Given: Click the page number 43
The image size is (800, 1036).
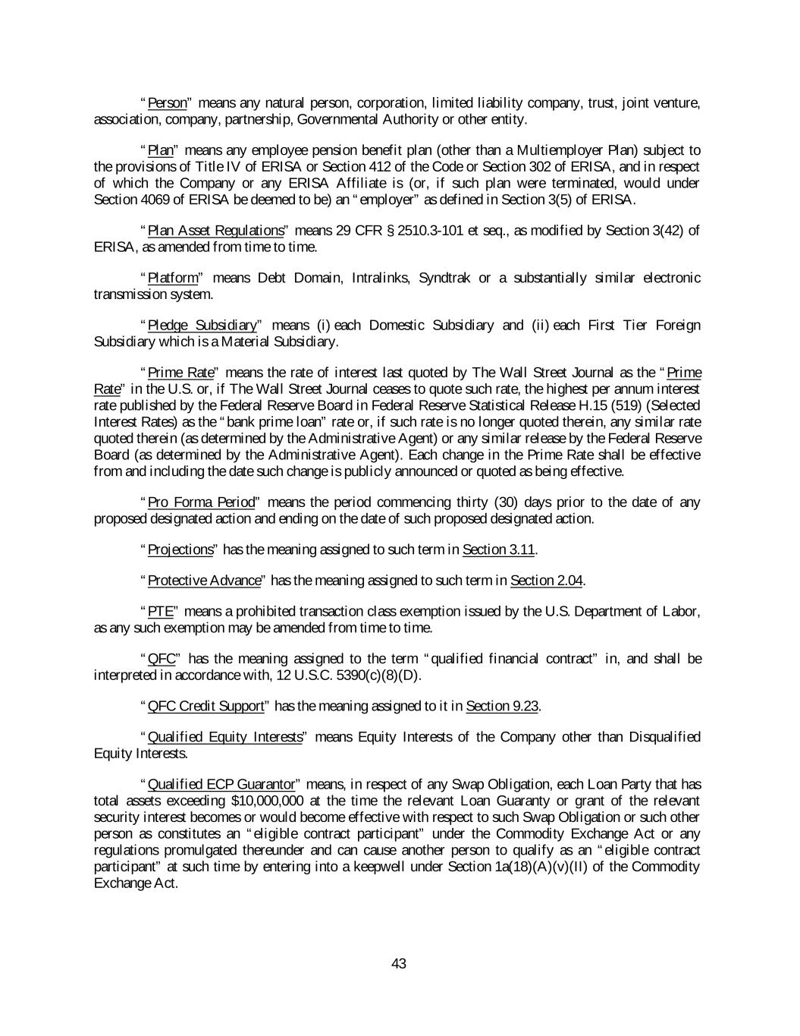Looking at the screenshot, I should tap(399, 964).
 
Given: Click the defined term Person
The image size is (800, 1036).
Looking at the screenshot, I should tap(167, 103).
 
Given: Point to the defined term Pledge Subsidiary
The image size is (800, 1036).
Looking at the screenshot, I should tap(202, 326).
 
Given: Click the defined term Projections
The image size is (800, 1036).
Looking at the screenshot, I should tap(180, 549).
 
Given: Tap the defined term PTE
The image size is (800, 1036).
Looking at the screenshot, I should tap(161, 612).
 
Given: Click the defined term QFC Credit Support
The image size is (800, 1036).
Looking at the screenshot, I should tap(205, 707).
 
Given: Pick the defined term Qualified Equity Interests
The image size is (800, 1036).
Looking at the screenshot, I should tap(224, 738).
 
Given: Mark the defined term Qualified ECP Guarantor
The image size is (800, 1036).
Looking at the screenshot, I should tap(221, 785).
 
